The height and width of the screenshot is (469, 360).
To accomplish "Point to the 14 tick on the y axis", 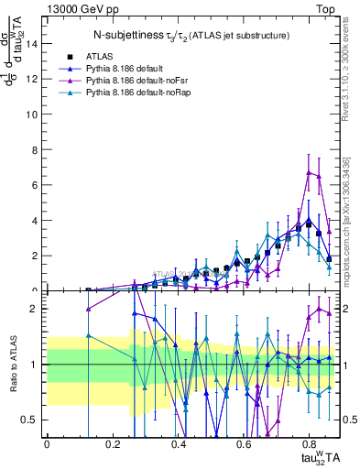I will click(34, 43).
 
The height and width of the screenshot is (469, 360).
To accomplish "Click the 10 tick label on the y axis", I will click(34, 114).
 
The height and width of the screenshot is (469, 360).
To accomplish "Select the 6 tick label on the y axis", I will click(37, 185).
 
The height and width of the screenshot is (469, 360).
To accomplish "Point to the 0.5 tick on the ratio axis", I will click(32, 420).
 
